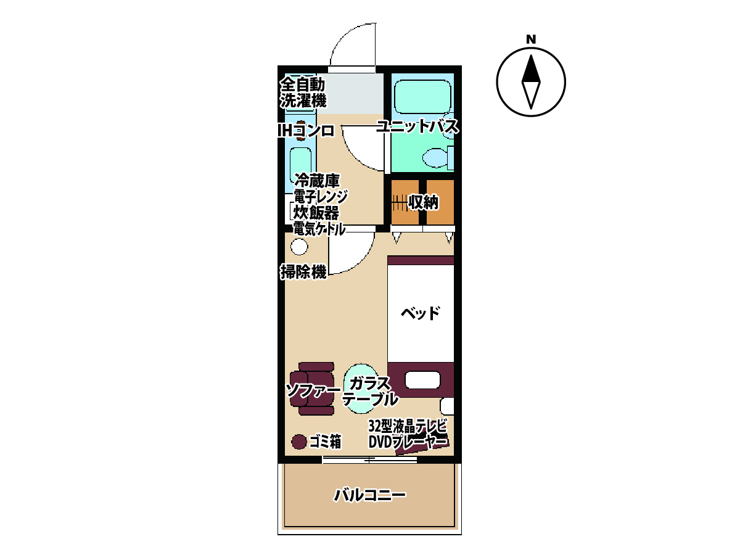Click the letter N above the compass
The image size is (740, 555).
[531, 39]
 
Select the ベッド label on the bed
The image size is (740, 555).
[420, 313]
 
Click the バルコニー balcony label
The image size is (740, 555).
[369, 495]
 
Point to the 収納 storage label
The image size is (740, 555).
[423, 202]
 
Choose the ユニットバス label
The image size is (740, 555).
[417, 126]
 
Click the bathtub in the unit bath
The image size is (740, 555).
[422, 97]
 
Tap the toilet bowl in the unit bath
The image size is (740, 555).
[435, 158]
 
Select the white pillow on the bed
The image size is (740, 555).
[422, 380]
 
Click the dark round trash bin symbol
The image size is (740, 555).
[298, 442]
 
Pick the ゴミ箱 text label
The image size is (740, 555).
[325, 442]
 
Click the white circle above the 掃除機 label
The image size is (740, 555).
[299, 247]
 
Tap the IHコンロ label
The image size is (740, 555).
[306, 131]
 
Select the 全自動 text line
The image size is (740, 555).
[302, 84]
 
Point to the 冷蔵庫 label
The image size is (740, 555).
[317, 181]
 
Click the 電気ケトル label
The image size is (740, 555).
[319, 229]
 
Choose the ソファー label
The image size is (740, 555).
[313, 390]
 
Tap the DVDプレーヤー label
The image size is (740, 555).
[408, 442]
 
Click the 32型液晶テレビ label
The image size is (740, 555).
[408, 426]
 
